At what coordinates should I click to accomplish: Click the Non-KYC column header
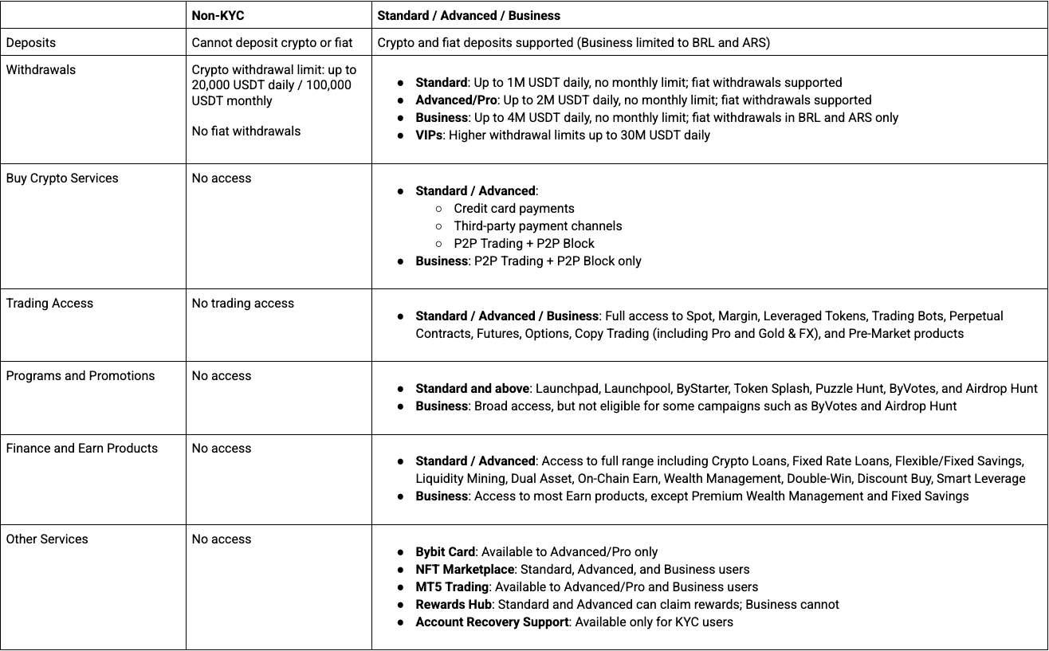coord(218,15)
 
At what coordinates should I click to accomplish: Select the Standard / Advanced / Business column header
coord(469,15)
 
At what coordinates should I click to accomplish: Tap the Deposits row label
coord(31,42)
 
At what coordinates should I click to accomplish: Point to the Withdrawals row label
coord(41,69)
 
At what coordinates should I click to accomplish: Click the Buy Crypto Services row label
coord(62,178)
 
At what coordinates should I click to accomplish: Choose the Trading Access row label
coord(49,303)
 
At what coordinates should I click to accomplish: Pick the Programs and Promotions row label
coord(81,375)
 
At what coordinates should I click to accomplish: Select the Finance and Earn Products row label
coord(82,448)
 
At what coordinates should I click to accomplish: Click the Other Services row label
coord(47,539)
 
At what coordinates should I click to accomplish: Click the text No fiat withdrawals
coord(246,131)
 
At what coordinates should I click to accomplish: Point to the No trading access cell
coord(243,303)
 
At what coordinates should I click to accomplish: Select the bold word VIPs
coord(430,135)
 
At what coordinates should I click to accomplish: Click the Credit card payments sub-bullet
coord(514,208)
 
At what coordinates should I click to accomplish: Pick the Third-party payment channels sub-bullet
coord(538,225)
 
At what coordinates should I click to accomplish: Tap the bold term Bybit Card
coord(446,551)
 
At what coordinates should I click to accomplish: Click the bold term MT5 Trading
coord(452,586)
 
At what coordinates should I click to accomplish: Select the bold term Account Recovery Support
coord(492,622)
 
